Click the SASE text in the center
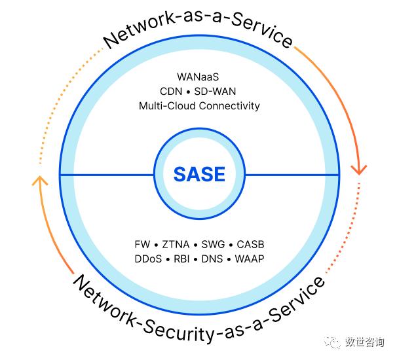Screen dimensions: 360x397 (199, 174)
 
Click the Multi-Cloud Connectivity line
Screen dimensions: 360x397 (199, 105)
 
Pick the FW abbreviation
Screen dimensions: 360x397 (142, 245)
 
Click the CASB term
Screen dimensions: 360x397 (250, 245)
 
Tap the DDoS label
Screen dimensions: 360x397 (148, 259)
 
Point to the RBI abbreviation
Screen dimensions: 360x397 (182, 259)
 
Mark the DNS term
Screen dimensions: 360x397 (212, 259)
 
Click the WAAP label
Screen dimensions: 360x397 (248, 259)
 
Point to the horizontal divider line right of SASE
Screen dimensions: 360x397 (292, 175)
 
